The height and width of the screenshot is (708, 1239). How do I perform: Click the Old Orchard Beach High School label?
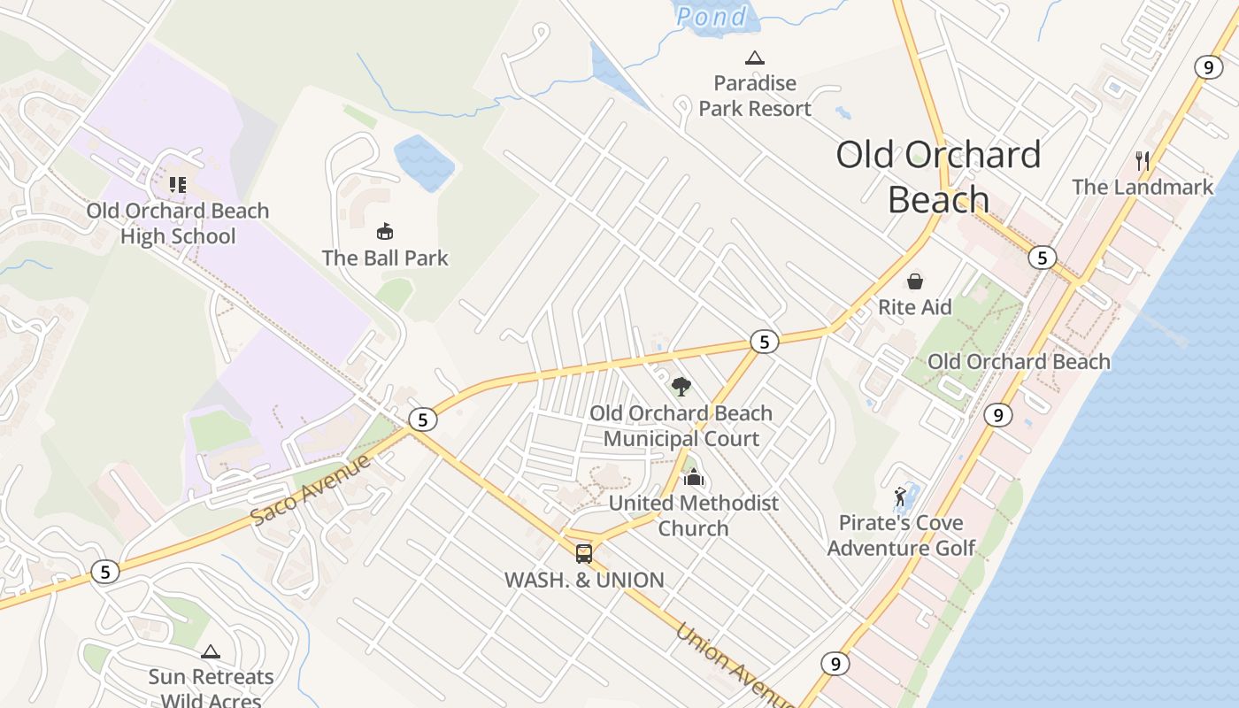(x=177, y=223)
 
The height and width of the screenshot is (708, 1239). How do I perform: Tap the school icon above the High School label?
(x=178, y=185)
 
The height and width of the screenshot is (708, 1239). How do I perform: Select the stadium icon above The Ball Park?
(x=385, y=232)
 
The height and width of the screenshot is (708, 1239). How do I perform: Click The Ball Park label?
(x=385, y=258)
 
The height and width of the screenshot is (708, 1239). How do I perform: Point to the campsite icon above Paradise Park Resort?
(x=754, y=58)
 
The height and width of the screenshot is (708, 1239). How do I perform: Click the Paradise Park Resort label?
(x=754, y=96)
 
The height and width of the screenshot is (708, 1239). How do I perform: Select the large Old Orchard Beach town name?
(x=938, y=177)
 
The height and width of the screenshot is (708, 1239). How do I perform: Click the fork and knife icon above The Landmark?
(x=1143, y=160)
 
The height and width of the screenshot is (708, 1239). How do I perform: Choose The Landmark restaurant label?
(x=1143, y=187)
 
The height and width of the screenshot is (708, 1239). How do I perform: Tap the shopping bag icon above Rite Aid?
(x=914, y=281)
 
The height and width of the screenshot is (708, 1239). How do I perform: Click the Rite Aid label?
(x=914, y=307)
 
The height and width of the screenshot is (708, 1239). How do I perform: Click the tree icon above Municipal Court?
(x=681, y=386)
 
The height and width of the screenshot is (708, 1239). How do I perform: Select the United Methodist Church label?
(x=693, y=515)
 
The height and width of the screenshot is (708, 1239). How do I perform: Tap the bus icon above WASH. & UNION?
(x=584, y=554)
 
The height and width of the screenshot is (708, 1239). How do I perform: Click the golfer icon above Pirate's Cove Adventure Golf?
(x=901, y=496)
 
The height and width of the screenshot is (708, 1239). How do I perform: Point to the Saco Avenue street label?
(x=310, y=489)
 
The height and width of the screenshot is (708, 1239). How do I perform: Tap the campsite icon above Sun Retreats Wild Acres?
(x=210, y=652)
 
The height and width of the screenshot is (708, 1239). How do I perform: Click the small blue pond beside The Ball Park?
(x=424, y=162)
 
